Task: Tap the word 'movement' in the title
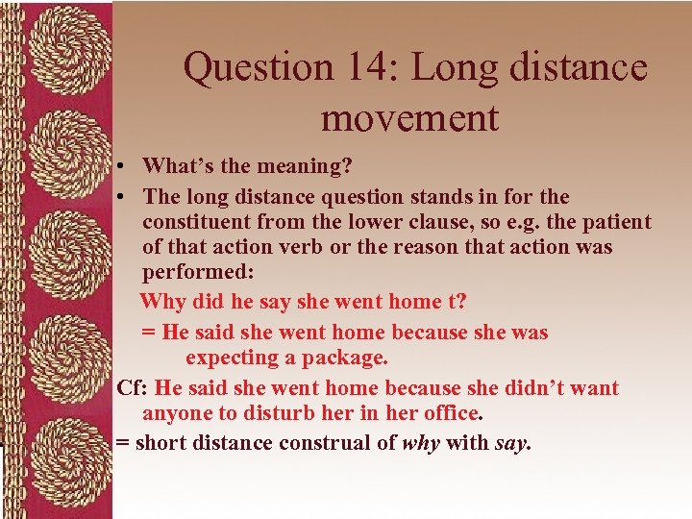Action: (x=410, y=117)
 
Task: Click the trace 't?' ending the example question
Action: (x=457, y=302)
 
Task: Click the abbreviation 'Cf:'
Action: (x=133, y=388)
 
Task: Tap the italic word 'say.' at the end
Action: (x=513, y=443)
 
